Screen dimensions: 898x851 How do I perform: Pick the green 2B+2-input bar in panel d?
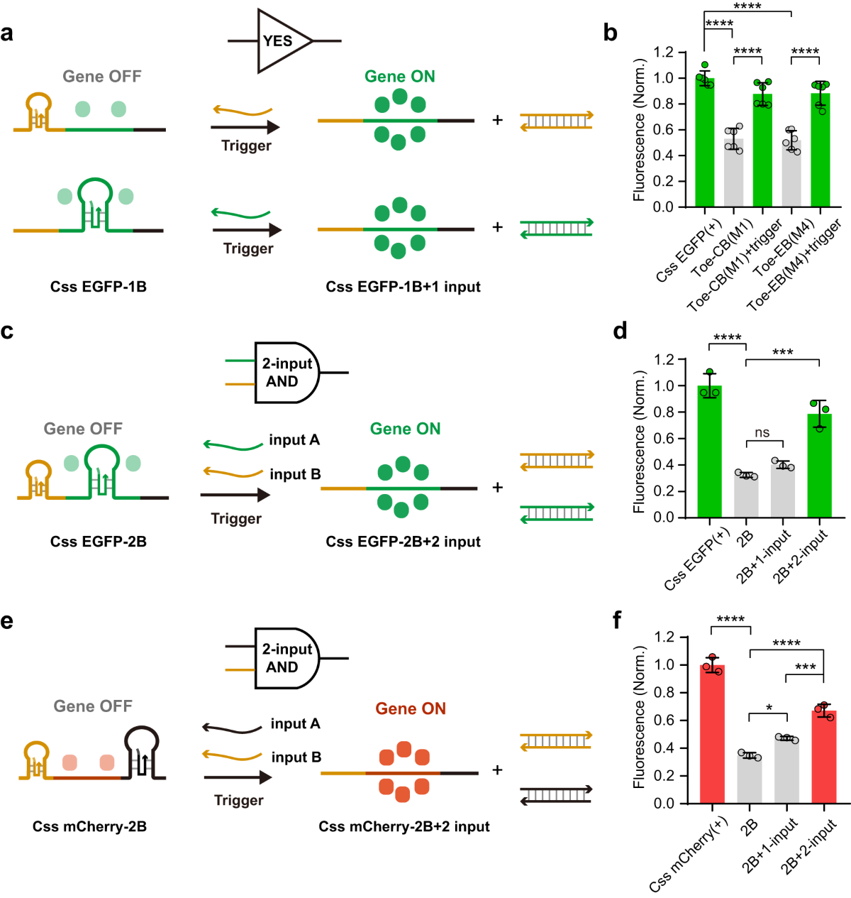(x=819, y=469)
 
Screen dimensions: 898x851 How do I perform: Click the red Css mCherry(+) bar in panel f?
(x=712, y=735)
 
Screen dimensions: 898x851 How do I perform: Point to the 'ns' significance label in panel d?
(x=762, y=432)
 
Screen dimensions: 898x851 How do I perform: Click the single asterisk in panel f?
(x=769, y=708)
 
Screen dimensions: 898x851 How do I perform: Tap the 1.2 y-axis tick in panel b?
(x=664, y=52)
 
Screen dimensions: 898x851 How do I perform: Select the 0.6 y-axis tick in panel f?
(x=664, y=721)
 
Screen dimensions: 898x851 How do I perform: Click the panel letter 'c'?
(x=7, y=331)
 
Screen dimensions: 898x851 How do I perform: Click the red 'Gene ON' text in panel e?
(x=411, y=708)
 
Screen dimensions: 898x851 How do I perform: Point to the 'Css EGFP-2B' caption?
(x=99, y=542)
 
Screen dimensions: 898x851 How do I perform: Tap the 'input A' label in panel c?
(x=294, y=440)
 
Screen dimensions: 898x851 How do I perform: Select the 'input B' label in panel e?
(x=296, y=757)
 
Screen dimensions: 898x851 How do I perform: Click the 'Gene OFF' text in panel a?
(x=102, y=76)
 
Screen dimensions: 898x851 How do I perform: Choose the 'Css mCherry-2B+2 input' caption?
(x=404, y=826)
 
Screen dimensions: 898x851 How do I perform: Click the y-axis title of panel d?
(x=639, y=442)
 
